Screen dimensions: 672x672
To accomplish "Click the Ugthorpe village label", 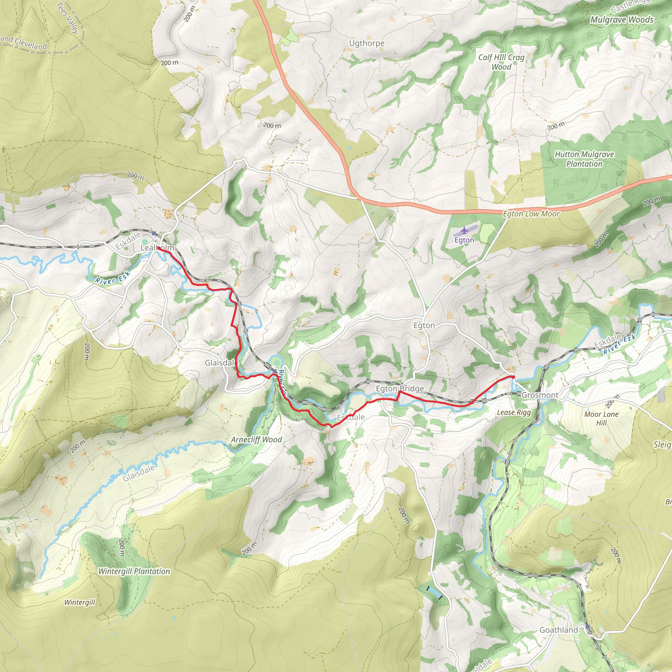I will [x=367, y=43].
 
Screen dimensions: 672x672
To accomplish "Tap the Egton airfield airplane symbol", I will [x=464, y=231].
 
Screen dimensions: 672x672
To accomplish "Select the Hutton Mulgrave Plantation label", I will [x=584, y=159].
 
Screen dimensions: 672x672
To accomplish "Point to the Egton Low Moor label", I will [x=531, y=214].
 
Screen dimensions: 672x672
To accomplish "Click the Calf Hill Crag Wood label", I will [x=501, y=62].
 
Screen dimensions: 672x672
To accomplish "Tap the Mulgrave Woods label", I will [x=622, y=20].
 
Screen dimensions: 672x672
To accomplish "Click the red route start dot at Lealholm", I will [x=158, y=248].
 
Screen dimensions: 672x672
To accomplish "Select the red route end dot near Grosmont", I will [x=513, y=377].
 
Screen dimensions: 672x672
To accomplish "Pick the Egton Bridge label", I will [x=400, y=388].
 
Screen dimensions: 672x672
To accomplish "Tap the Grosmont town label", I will [x=539, y=395].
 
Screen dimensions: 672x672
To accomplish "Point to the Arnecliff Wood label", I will [x=256, y=440].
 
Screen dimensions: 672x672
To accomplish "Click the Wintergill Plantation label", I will [x=134, y=571].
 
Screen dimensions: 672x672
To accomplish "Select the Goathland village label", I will [x=558, y=630].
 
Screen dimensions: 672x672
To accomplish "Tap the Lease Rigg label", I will [x=514, y=412].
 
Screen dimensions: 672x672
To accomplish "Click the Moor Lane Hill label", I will [x=601, y=418].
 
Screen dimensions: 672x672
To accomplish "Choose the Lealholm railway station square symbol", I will [x=154, y=233].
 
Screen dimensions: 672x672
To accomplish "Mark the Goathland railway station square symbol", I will [x=588, y=627].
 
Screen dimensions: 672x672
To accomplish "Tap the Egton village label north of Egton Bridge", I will [x=424, y=325].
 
